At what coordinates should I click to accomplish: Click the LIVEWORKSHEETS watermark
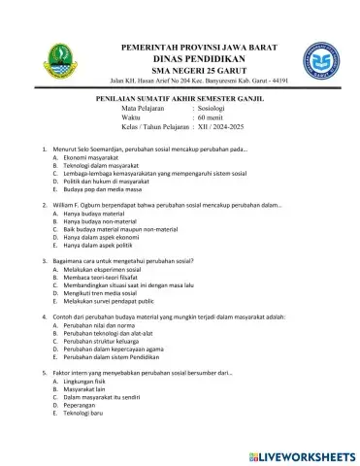pyautogui.click(x=302, y=454)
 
